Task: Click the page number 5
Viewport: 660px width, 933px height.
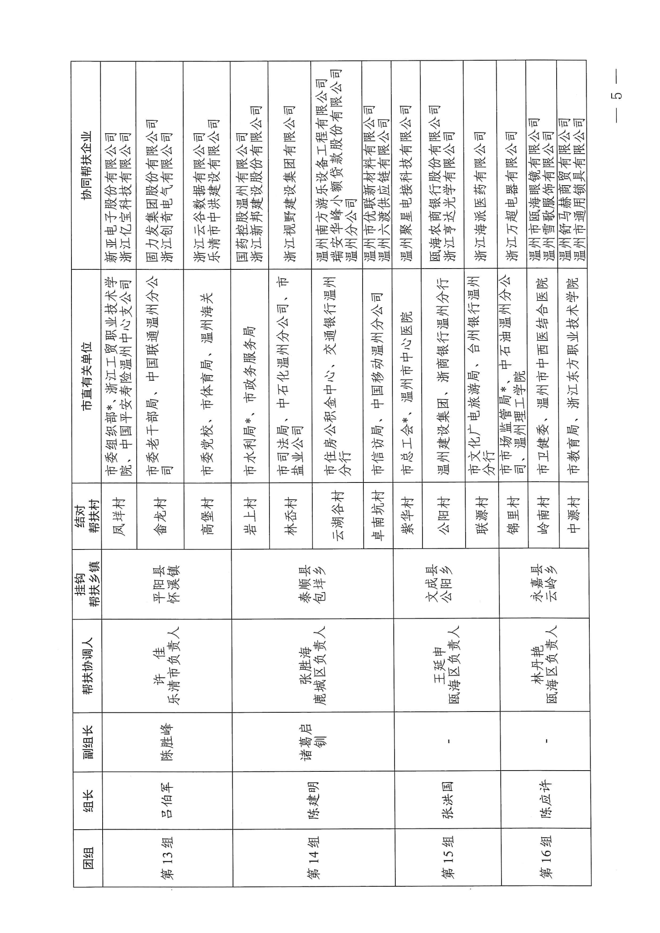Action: pos(617,95)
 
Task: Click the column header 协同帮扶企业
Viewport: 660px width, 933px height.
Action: pos(86,165)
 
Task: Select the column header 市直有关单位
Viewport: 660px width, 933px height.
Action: pos(87,376)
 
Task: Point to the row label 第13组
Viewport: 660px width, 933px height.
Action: pos(166,858)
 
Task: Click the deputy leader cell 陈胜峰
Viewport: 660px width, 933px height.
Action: pos(166,742)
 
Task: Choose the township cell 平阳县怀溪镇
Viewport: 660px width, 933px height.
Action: pos(166,583)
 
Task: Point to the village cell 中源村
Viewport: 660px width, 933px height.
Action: pos(573,515)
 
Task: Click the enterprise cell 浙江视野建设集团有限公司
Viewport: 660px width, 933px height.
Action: pos(290,184)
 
